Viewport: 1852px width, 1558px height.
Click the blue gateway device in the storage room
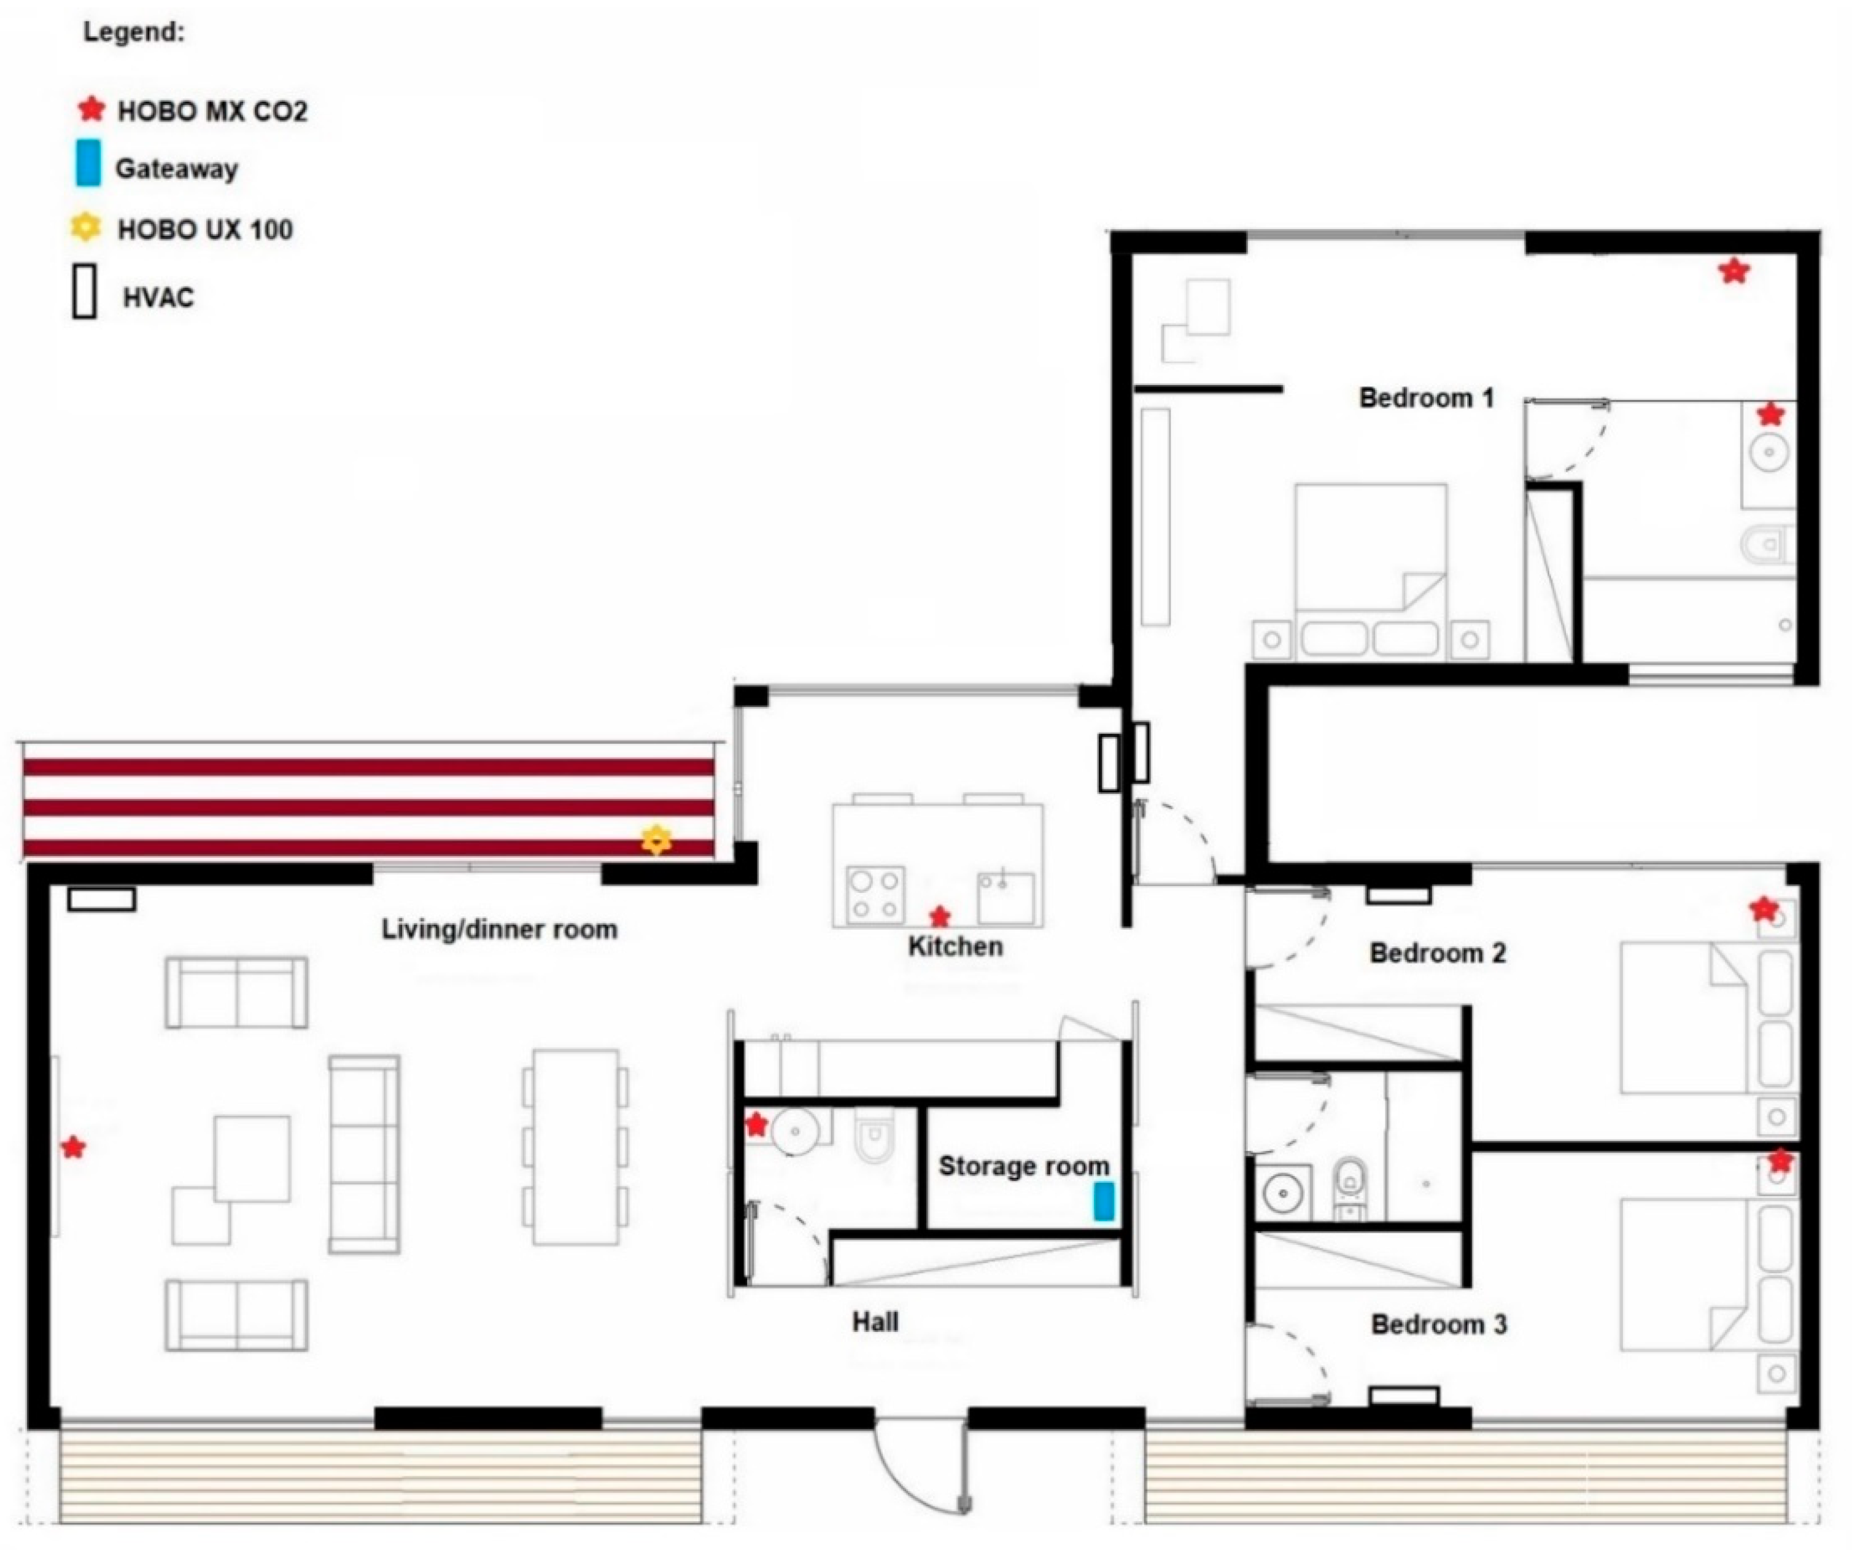[x=1104, y=1201]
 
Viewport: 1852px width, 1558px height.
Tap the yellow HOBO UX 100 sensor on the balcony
[x=656, y=840]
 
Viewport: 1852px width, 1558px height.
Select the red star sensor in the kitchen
[x=940, y=917]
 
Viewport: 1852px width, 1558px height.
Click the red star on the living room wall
[x=73, y=1147]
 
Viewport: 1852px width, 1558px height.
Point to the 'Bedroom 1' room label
[x=1425, y=399]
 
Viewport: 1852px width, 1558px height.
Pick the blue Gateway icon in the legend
[x=88, y=163]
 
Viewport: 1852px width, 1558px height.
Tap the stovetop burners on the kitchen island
[x=876, y=895]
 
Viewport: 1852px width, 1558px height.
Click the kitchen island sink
[x=1006, y=897]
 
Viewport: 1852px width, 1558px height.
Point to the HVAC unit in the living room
[x=101, y=899]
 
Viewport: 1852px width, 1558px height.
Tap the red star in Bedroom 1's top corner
[x=1734, y=271]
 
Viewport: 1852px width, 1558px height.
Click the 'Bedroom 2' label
[x=1437, y=953]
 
